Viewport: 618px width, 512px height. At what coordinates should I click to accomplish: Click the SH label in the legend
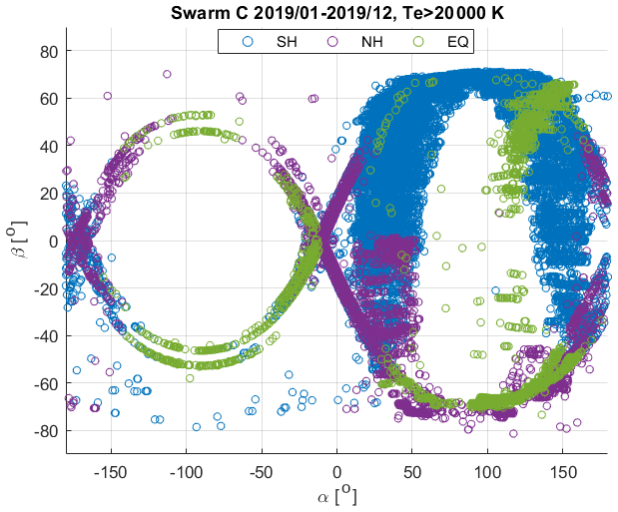click(287, 42)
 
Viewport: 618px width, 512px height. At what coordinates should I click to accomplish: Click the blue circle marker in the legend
click(249, 42)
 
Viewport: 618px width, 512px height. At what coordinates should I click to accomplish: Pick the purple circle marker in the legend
click(330, 42)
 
